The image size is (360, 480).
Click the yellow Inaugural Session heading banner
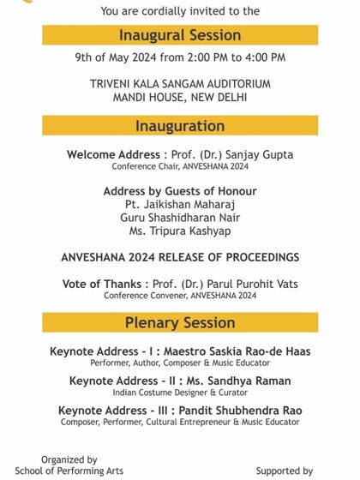pos(180,35)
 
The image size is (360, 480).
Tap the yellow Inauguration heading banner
pos(180,126)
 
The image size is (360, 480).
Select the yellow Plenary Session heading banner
pos(180,322)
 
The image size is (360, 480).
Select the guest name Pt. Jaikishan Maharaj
pos(180,204)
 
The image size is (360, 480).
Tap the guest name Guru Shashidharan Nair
pos(180,218)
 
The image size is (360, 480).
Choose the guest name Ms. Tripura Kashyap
pos(180,231)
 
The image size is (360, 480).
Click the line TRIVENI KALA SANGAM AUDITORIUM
pos(180,84)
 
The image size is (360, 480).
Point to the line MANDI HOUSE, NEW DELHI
pos(180,97)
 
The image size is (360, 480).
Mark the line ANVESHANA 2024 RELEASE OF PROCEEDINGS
pos(180,257)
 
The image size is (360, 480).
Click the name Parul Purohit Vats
pos(249,284)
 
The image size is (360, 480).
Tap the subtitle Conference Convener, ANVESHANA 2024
pos(180,296)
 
